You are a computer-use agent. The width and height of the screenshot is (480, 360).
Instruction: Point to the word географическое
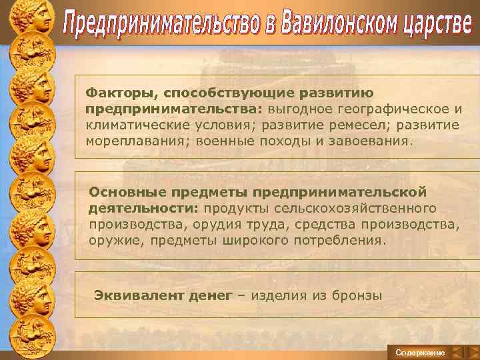click(x=381, y=109)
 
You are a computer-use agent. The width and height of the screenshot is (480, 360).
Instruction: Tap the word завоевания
click(x=375, y=141)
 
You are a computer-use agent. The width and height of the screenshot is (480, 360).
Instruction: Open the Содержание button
click(x=419, y=351)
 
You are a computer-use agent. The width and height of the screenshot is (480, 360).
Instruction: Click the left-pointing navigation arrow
click(x=458, y=351)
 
